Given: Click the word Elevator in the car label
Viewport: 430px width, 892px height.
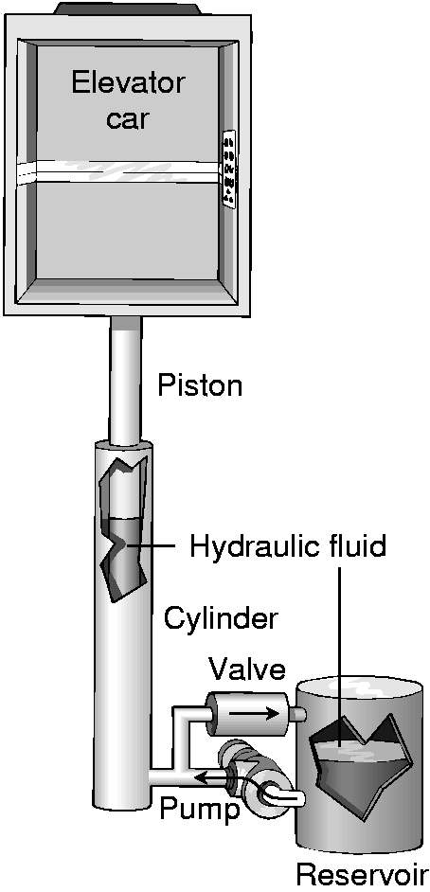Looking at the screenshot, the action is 128,83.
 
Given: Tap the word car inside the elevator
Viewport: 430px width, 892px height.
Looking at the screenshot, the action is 128,120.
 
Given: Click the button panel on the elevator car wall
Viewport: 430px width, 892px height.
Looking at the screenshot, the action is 229,169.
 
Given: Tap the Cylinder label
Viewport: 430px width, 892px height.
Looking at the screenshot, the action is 221,618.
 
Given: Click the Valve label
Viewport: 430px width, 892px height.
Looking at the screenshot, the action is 247,669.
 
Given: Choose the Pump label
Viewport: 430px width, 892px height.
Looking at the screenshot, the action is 199,810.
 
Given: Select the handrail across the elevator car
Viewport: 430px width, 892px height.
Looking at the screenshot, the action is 120,171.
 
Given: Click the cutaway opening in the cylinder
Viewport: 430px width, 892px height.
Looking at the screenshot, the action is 125,529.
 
